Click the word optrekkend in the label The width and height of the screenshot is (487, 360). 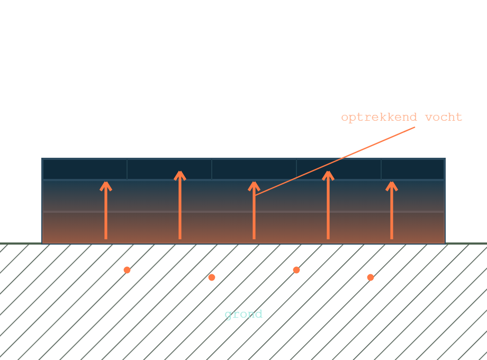tap(379, 118)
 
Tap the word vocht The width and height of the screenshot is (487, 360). tap(444, 117)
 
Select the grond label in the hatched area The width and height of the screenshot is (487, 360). tap(243, 314)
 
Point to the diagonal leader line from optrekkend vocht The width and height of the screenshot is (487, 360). tap(335, 161)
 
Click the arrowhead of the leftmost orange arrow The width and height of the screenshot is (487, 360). tap(106, 186)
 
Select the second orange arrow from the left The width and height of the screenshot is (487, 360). tap(180, 205)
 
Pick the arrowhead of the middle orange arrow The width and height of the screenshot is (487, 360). tap(254, 186)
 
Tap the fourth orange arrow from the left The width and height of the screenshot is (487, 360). tap(328, 205)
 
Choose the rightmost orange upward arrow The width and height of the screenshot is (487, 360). tap(392, 210)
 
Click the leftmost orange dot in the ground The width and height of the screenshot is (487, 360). tap(127, 270)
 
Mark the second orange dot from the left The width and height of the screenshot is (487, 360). tap(212, 277)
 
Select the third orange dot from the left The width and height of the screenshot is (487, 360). tap(296, 270)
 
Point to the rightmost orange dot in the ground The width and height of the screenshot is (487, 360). tap(371, 277)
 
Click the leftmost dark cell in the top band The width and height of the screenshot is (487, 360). tap(85, 169)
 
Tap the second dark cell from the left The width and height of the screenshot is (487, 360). tap(169, 169)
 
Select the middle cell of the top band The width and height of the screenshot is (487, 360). tap(254, 169)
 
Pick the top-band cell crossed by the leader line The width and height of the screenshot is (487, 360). tap(339, 169)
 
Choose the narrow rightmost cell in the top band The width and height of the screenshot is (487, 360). tap(413, 169)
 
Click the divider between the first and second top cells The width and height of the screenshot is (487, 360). tap(127, 169)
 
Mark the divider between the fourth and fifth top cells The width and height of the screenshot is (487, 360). tap(381, 169)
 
